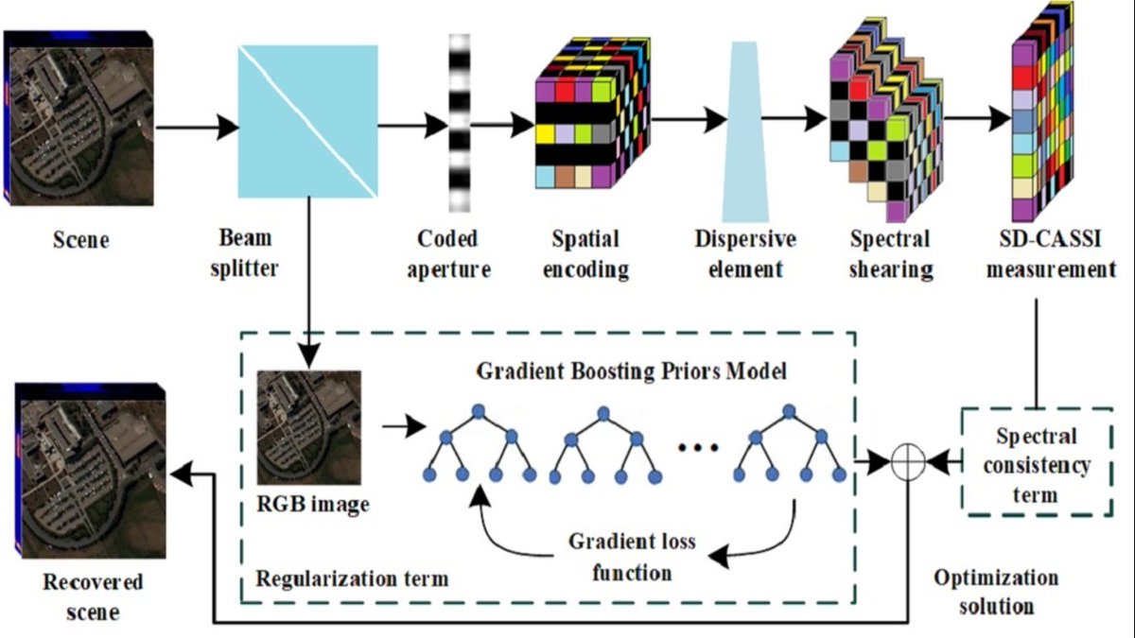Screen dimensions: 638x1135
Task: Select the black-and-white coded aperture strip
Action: (459, 123)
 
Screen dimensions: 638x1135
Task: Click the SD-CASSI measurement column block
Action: (1045, 123)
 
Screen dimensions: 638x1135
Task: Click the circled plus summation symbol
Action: (907, 462)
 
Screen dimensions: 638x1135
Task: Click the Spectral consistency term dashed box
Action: (1036, 462)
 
